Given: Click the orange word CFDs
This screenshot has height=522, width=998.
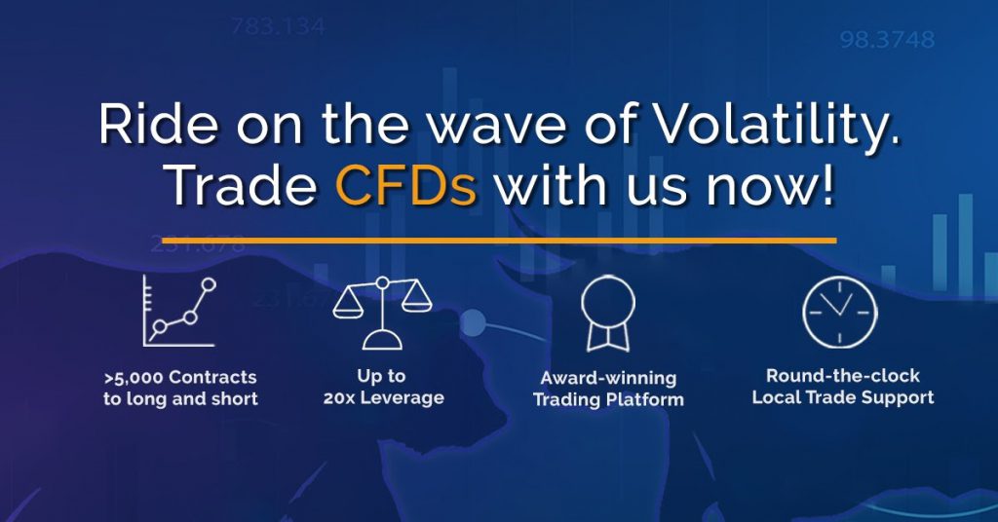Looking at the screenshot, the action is [x=406, y=186].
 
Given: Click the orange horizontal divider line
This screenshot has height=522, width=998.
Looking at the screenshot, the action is [x=499, y=241].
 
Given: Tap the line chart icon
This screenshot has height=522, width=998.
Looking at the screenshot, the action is [x=179, y=311].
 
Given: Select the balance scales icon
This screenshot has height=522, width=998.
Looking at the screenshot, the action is [x=382, y=313].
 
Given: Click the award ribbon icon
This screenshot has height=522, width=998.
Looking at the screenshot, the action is [x=608, y=314].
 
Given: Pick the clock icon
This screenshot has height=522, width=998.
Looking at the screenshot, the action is [x=839, y=313].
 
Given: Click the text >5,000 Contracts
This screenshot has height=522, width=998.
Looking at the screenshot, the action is [x=180, y=378].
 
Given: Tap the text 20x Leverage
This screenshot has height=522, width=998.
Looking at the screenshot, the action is [x=383, y=398].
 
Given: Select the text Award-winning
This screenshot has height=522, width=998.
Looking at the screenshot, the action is [x=608, y=378].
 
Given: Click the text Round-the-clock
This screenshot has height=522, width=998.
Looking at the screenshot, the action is [x=843, y=376].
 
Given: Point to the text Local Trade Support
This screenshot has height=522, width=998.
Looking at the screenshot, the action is [x=843, y=397].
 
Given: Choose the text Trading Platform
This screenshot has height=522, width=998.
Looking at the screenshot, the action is [x=608, y=400].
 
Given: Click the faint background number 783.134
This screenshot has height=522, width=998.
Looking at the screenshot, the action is [x=278, y=26].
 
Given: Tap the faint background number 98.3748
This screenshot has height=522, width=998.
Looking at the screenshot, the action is [x=887, y=40].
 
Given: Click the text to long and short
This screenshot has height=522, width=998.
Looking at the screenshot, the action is [x=180, y=399].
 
